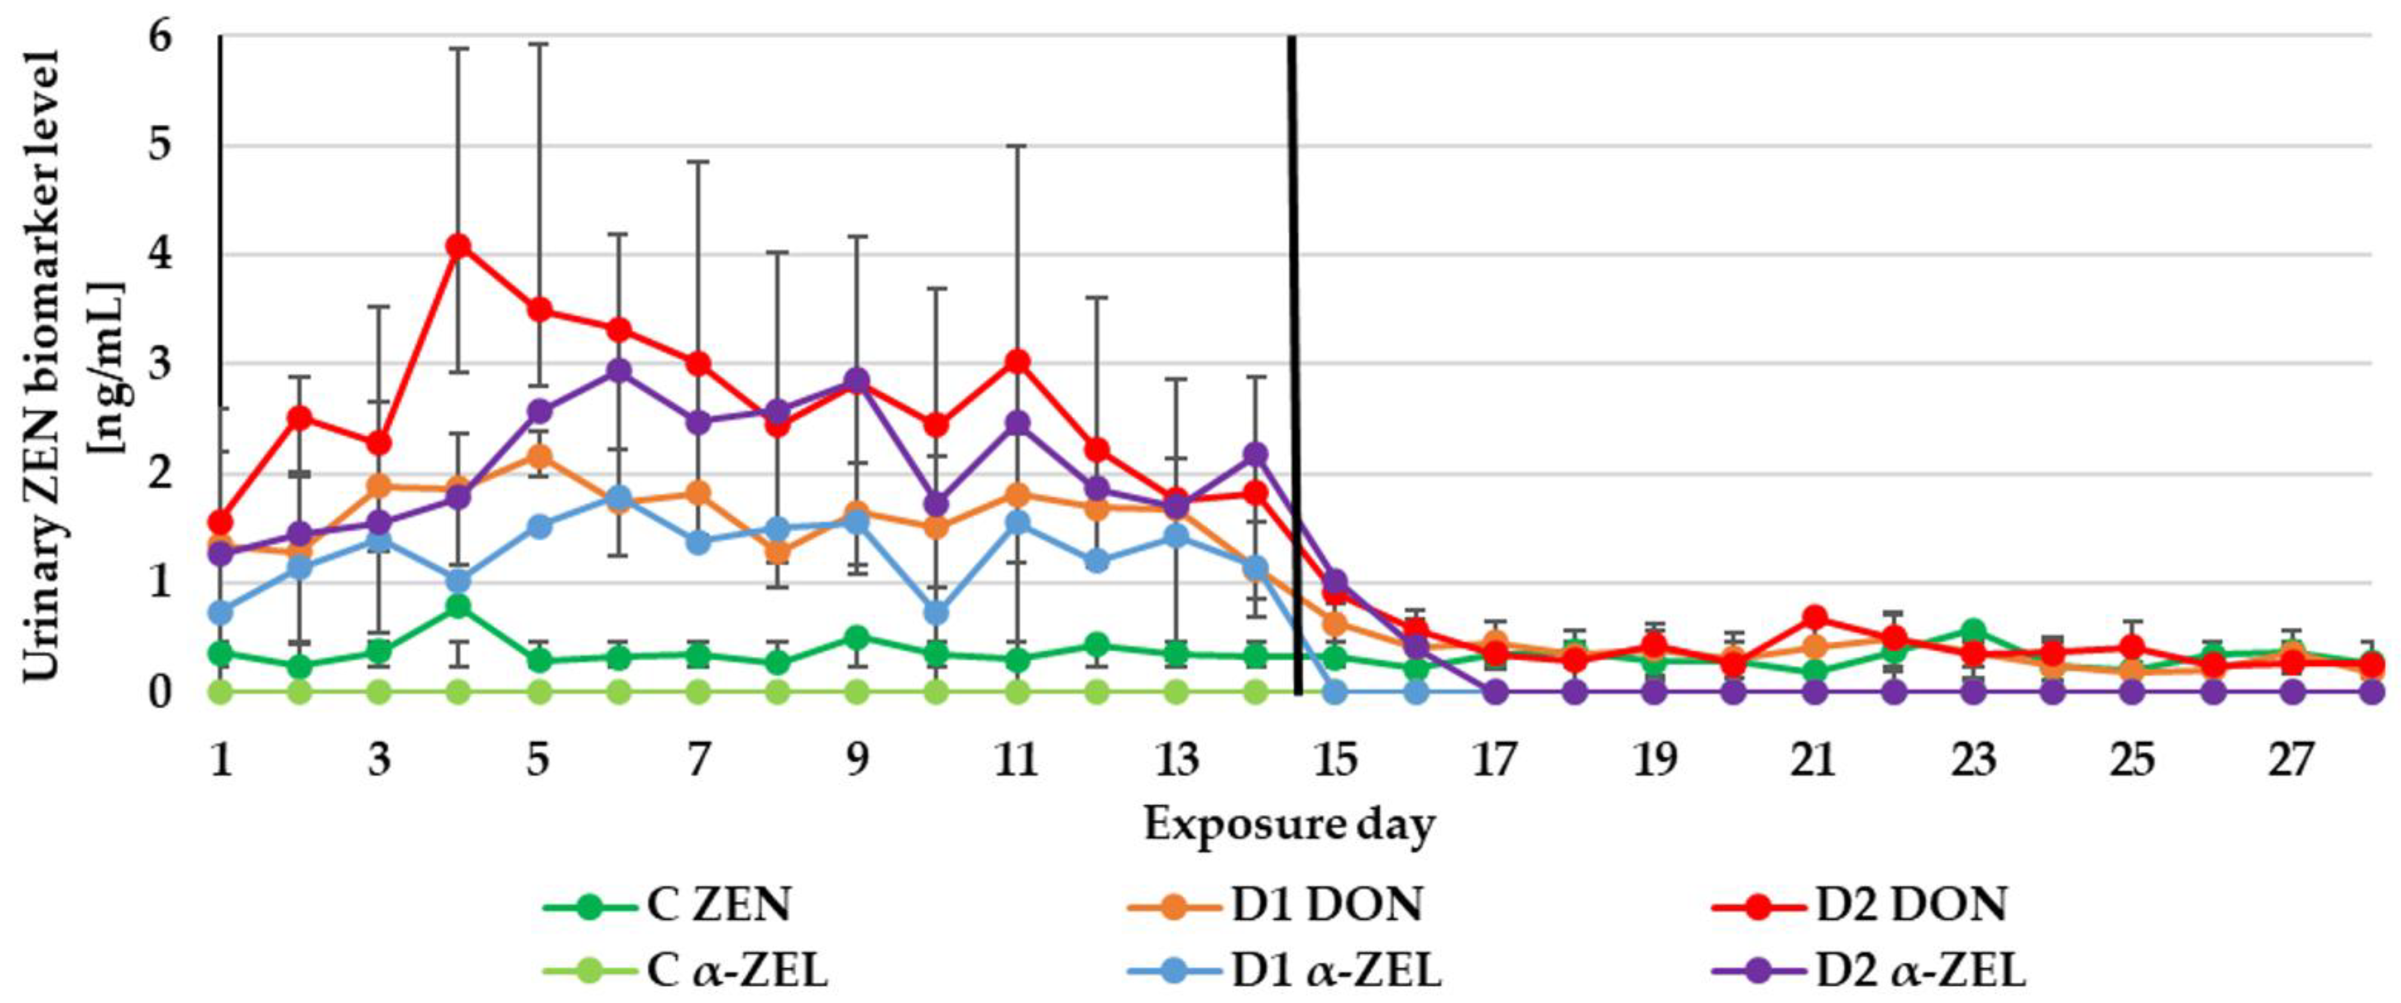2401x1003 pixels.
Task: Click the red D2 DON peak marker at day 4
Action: pos(458,246)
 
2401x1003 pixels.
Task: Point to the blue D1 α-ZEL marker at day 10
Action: pos(937,613)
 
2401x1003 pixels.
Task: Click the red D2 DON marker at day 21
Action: pos(1814,617)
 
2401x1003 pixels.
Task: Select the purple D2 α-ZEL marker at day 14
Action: pos(1255,454)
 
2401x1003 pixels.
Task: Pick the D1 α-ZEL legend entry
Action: pos(1286,971)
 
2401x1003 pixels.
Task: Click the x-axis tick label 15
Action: pos(1335,760)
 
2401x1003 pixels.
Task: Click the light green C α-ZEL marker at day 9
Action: pos(857,692)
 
